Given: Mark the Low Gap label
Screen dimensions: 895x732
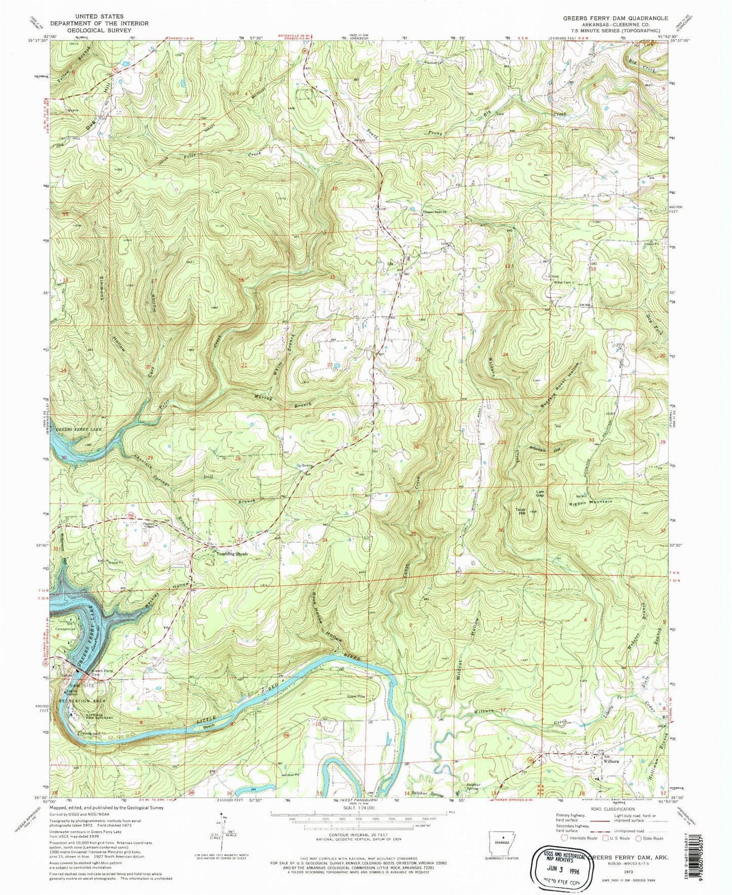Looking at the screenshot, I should [x=541, y=493].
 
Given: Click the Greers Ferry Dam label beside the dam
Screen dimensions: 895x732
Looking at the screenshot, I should [x=98, y=675].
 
